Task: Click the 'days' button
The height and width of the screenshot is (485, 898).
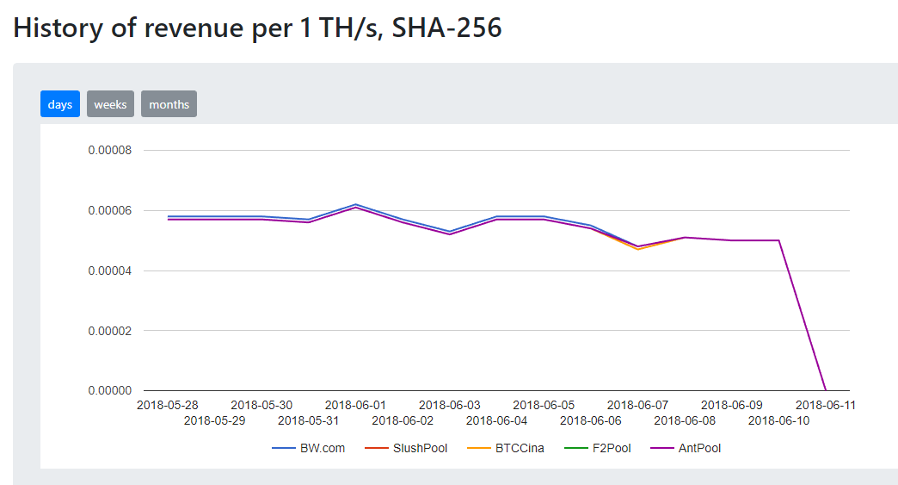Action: (x=60, y=104)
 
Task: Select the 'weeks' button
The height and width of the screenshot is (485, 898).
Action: (x=110, y=104)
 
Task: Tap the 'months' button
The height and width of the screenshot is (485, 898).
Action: (x=169, y=104)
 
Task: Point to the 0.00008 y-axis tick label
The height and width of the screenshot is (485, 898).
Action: (x=110, y=151)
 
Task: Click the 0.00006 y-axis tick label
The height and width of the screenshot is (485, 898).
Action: (x=110, y=210)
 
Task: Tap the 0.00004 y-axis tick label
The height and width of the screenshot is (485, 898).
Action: (x=110, y=270)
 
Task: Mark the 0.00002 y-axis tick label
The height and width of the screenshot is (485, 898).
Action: (x=110, y=331)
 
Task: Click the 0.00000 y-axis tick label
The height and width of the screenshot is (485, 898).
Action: (x=110, y=390)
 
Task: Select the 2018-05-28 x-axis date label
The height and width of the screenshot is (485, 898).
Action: (x=168, y=405)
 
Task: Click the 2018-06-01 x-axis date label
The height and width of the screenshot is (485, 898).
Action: (x=355, y=405)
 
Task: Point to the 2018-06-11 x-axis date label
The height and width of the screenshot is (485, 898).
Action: (x=826, y=405)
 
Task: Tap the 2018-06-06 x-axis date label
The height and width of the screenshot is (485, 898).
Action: (x=591, y=420)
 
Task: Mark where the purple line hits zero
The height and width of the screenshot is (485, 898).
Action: (x=826, y=390)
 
